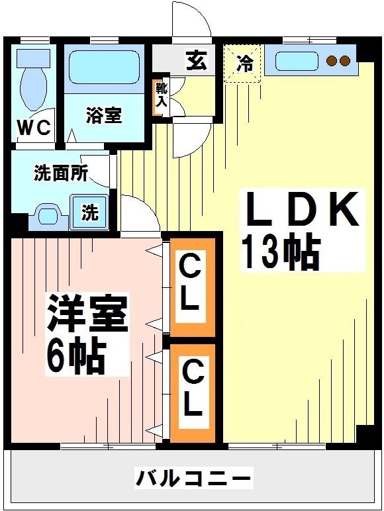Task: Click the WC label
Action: click(34, 128)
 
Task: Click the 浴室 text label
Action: click(104, 115)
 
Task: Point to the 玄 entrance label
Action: click(195, 62)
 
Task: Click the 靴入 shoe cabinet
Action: click(160, 97)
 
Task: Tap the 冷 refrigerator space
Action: click(244, 64)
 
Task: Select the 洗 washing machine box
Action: click(89, 212)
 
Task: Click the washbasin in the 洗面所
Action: click(48, 215)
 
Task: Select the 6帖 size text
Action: click(75, 357)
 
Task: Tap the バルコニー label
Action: click(193, 477)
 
